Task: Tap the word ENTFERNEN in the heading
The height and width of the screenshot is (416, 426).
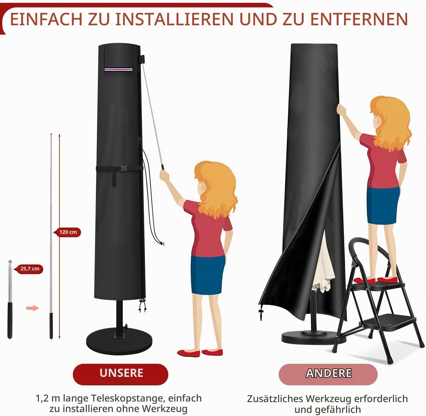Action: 359,19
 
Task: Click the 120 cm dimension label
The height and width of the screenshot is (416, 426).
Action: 68,232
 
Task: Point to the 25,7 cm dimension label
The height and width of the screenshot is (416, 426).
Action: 30,269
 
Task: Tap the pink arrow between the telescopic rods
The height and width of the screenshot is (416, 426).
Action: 32,308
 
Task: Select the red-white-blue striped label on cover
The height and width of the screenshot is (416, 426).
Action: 118,69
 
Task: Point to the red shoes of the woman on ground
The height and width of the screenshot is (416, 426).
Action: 200,353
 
